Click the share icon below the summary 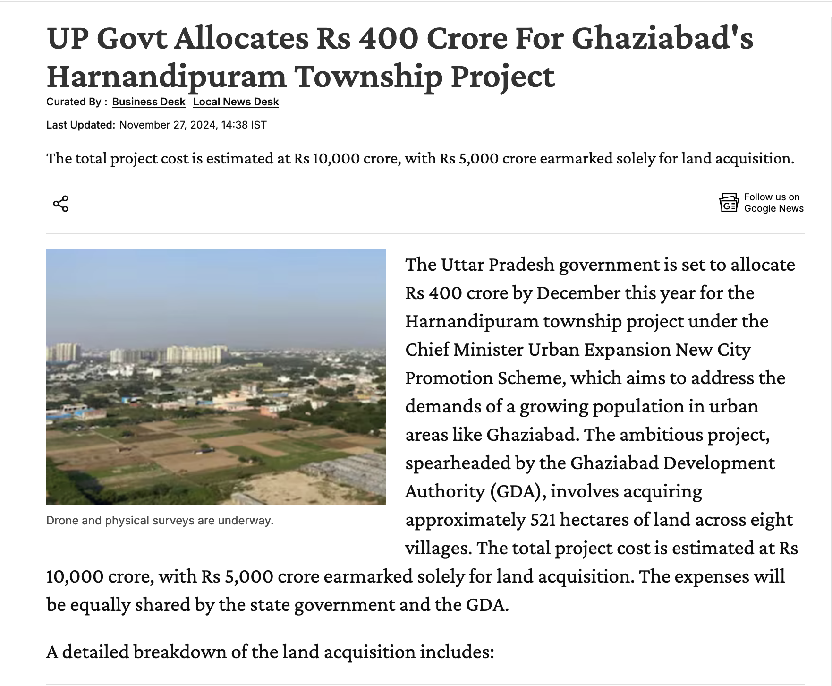point(60,204)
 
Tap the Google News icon point(729,203)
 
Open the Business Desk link point(149,102)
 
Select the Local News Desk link point(236,102)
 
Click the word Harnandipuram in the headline point(167,77)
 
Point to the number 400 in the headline point(388,39)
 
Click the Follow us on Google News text point(773,203)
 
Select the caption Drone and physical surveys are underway point(160,521)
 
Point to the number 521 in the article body point(543,520)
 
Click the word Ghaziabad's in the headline point(662,39)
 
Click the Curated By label point(76,102)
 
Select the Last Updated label point(81,125)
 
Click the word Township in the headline point(369,77)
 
